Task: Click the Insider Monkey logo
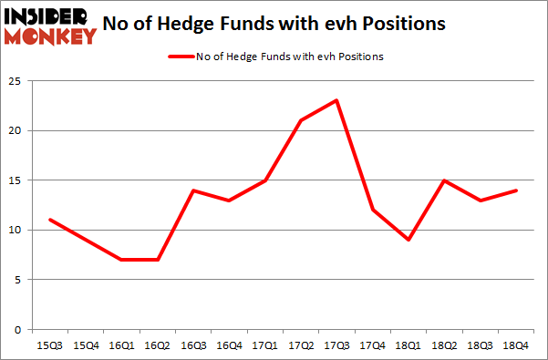coord(51,25)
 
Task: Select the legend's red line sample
coord(180,57)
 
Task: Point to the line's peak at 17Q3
coord(336,100)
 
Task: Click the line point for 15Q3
coord(50,220)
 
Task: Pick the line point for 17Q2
coord(300,120)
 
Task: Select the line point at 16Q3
coord(192,190)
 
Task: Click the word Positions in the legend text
coord(362,57)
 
